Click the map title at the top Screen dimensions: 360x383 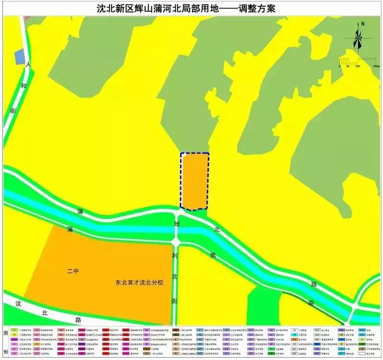click(x=191, y=8)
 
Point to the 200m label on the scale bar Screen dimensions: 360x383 click(x=369, y=66)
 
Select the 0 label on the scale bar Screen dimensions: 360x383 click(x=339, y=66)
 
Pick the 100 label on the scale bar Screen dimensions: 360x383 click(x=358, y=66)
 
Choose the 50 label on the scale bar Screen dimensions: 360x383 click(x=348, y=66)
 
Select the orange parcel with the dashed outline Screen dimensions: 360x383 click(x=194, y=181)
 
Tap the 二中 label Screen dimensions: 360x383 click(x=73, y=271)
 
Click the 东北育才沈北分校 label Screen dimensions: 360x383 click(x=139, y=283)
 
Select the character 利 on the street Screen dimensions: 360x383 click(x=175, y=257)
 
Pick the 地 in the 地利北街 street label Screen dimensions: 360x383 click(x=177, y=224)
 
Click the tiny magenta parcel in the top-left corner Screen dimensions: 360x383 click(x=27, y=18)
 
